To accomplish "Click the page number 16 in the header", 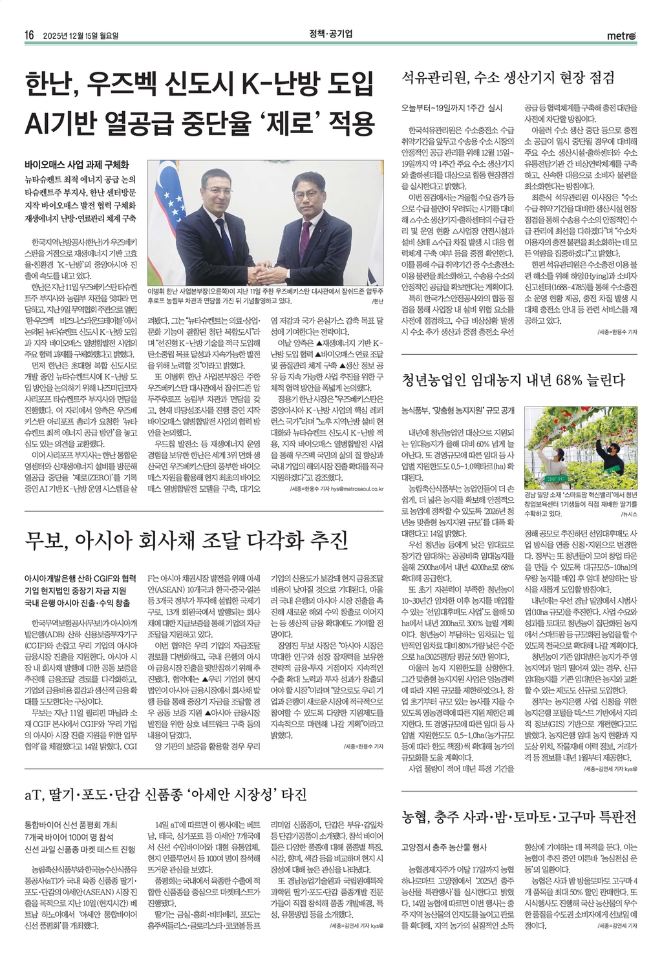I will [29, 35].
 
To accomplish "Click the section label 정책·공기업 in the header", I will [330, 34].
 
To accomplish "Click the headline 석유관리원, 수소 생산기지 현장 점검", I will [508, 78].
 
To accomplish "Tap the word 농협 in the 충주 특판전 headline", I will [416, 816].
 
